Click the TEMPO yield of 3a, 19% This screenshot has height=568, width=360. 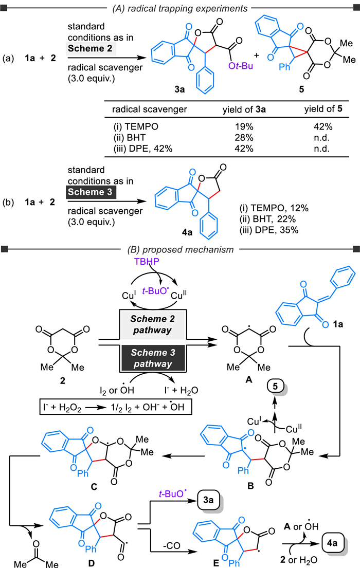point(244,127)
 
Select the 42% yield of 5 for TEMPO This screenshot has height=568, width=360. point(323,127)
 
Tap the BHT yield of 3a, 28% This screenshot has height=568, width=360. point(244,138)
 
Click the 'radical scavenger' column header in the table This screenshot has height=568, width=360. point(149,109)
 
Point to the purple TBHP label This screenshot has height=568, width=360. point(147,261)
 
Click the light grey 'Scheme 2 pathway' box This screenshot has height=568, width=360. point(153,324)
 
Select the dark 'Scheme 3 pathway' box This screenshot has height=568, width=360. point(153,358)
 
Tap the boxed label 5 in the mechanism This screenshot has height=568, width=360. point(275,387)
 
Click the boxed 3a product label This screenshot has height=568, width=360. point(208,500)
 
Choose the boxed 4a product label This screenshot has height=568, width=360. point(332,543)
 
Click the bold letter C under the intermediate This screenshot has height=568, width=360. point(94,486)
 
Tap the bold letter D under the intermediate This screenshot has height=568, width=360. point(91,562)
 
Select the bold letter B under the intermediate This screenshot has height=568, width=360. point(250,486)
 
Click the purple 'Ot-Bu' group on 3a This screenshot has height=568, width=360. point(241,66)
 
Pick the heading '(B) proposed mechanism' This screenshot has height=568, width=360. point(180,250)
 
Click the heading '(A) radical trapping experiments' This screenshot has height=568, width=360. point(180,8)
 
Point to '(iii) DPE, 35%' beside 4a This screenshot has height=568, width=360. point(269,230)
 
